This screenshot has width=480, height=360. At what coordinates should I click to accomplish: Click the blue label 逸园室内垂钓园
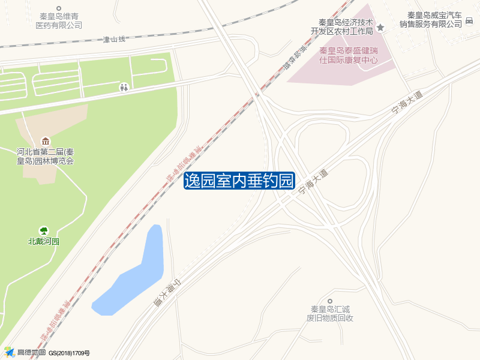pos(239,180)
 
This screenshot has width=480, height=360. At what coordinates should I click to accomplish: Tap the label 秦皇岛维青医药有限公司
pos(59,21)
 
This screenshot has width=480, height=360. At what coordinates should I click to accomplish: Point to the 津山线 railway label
pos(114,40)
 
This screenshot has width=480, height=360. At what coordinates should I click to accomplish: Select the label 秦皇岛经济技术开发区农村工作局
pos(341,26)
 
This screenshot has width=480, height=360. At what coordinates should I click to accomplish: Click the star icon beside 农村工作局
pos(380,28)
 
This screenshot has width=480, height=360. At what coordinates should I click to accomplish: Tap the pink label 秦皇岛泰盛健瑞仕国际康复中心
pos(349,55)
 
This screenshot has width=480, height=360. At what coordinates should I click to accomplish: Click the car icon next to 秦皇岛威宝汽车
pos(469,23)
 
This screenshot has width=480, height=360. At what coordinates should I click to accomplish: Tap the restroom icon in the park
pos(124,88)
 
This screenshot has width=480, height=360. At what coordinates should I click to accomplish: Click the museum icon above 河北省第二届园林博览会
pos(46,141)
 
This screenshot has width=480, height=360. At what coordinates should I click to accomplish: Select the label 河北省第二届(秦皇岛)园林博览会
pos(46,156)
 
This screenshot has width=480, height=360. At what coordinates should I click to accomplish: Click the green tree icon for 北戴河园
pos(44,230)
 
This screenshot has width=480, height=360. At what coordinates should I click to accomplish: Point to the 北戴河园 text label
pos(44,242)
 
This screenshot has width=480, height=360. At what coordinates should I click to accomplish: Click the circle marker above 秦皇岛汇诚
pos(329,301)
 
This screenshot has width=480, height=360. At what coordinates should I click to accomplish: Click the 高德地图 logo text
pos(31,353)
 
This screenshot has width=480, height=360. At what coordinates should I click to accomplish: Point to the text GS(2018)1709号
pos(69,353)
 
